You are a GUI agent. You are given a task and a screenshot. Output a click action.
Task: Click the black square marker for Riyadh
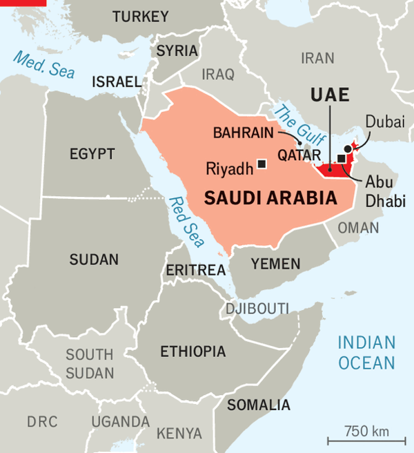tap(262, 164)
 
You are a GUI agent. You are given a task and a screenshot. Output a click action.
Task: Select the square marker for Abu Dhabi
tap(341, 158)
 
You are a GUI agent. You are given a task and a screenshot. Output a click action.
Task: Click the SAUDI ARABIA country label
tap(270, 199)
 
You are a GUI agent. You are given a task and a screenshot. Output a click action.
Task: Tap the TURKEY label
tap(140, 17)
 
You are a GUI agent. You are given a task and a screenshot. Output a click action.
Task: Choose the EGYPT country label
tap(92, 153)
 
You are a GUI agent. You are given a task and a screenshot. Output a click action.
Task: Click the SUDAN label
tap(94, 260)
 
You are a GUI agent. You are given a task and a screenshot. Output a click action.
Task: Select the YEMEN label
tap(275, 264)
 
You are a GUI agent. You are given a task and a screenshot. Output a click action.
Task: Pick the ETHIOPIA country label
tap(193, 351)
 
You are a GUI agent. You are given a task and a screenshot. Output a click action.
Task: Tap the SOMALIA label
tap(259, 405)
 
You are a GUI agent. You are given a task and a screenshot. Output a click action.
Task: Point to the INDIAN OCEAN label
tap(366, 352)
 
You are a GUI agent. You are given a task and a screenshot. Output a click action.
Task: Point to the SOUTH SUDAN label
tap(90, 364)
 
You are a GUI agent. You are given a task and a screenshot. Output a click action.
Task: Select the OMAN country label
tap(358, 228)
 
